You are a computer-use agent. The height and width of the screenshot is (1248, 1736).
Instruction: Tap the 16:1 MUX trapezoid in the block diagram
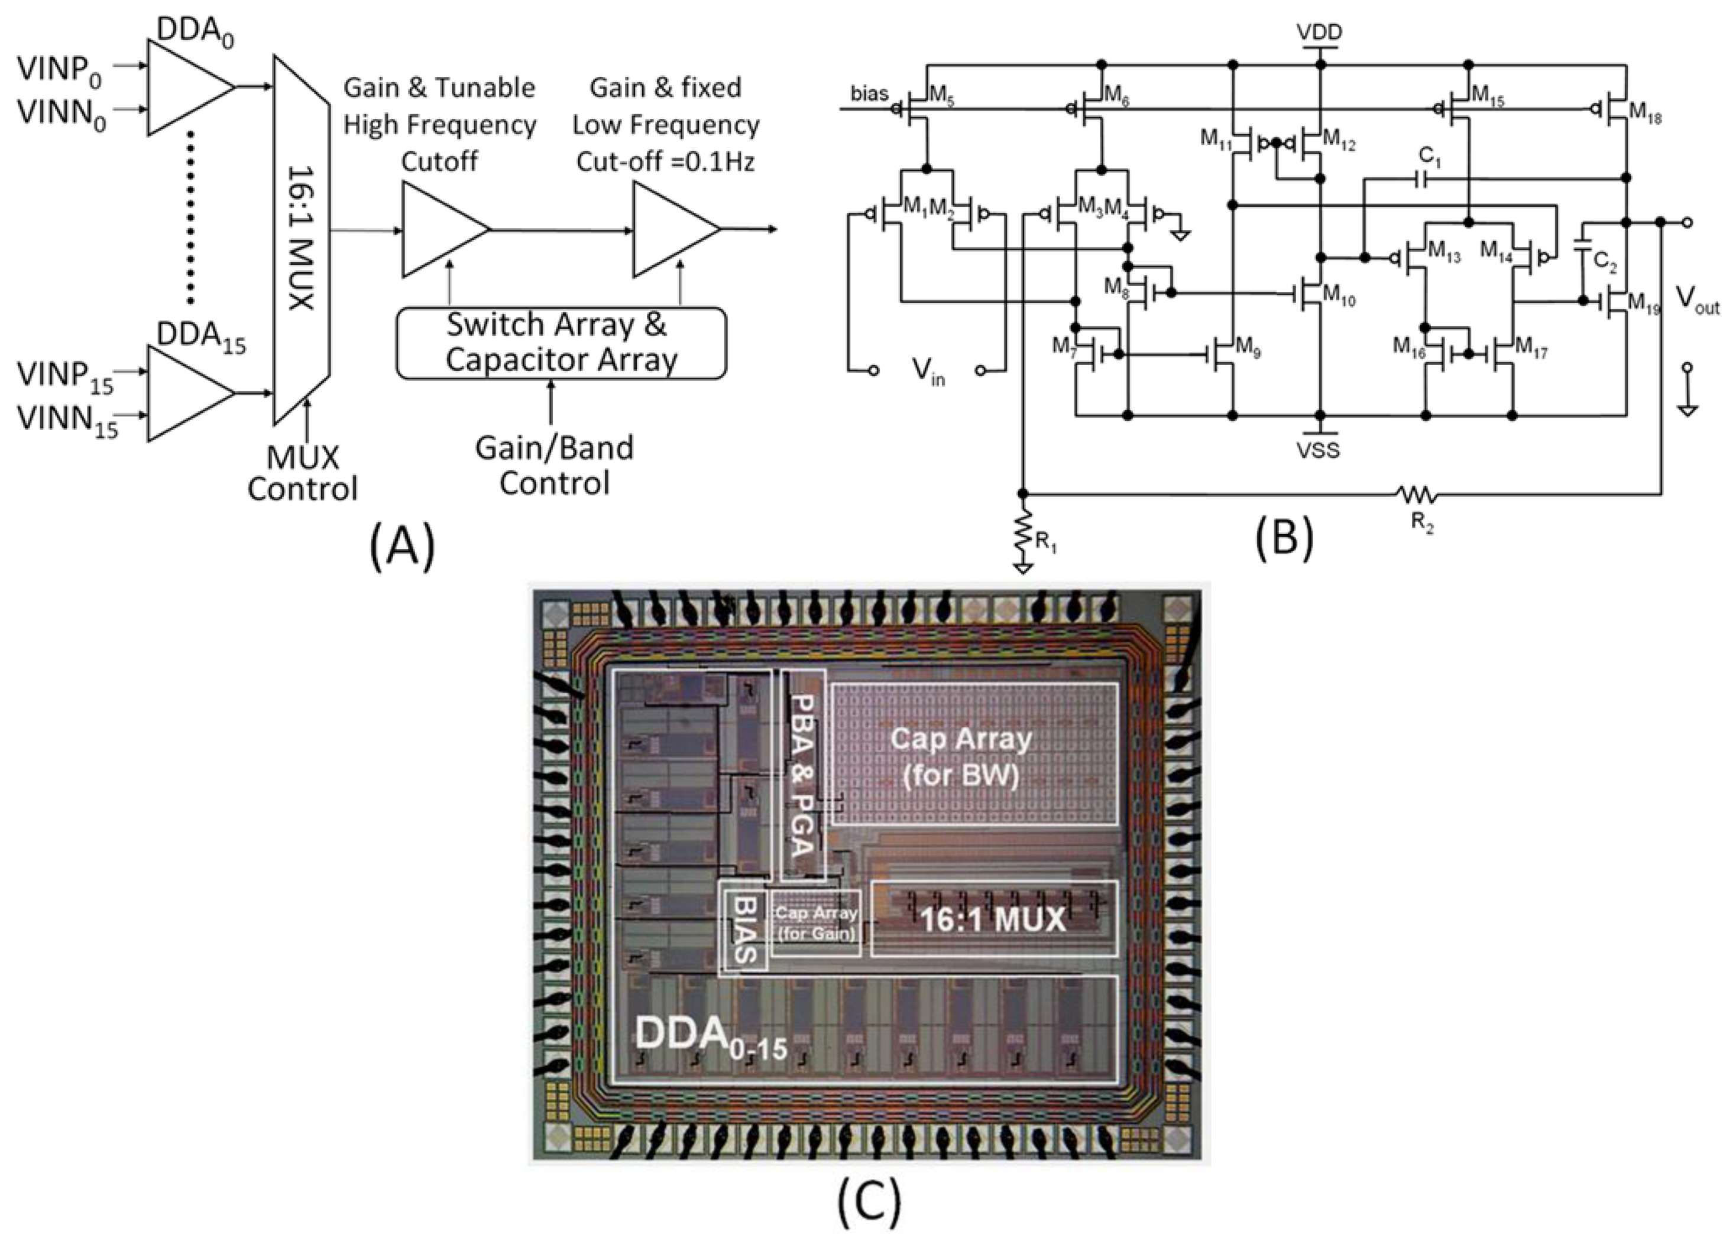302,239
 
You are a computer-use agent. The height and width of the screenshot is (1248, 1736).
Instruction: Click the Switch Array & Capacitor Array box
561,343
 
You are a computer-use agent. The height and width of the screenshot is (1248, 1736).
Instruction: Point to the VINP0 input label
60,70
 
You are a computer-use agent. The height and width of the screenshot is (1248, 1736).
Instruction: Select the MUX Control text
302,473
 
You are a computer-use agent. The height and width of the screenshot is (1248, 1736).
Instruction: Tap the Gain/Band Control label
554,465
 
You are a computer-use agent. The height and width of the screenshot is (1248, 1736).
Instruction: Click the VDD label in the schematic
1319,31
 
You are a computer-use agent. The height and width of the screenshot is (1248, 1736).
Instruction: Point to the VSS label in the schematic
1319,450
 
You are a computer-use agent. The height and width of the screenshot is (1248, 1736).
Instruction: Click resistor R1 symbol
1024,530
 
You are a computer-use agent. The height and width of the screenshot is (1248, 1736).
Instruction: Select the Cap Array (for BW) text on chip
961,758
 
